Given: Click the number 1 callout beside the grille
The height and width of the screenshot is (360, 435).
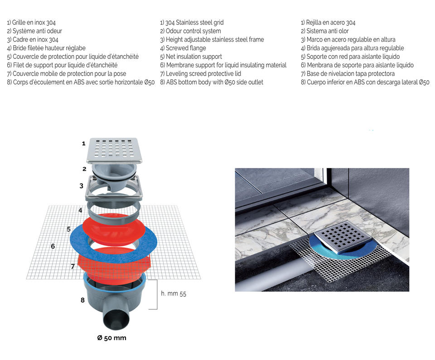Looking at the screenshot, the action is pos(83,144).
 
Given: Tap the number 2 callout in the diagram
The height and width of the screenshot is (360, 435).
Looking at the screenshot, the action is pos(84,169).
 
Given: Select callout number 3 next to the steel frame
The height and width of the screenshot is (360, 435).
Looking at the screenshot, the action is pos(81,186).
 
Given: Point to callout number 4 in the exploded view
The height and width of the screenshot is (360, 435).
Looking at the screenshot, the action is pos(80,210).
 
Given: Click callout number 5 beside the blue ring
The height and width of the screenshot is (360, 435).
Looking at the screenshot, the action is pos(69,229).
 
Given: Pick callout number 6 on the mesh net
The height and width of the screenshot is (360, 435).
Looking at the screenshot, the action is pos(53,246).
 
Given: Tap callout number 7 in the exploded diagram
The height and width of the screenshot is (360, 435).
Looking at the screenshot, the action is pos(72,266).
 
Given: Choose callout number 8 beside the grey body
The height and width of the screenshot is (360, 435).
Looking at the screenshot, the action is pos(82,300).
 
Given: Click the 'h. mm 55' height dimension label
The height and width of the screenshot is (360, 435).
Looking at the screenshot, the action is pos(174,293).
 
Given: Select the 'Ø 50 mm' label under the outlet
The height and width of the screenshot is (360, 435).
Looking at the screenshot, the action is pos(112,338).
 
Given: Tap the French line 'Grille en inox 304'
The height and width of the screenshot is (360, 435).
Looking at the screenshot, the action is pos(31,22).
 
